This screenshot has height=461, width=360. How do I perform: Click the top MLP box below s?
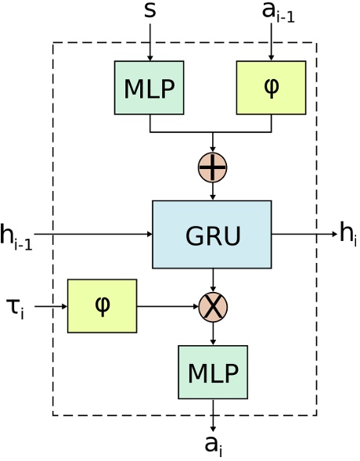click(x=149, y=88)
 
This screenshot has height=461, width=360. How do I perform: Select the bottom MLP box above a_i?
click(x=213, y=372)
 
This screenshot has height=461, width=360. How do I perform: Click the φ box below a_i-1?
click(x=271, y=88)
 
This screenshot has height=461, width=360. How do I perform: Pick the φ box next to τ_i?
click(x=102, y=306)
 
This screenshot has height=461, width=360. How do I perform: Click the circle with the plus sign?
click(x=213, y=167)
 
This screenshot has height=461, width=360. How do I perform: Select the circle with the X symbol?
click(x=213, y=306)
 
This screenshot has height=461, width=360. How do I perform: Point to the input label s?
click(x=149, y=11)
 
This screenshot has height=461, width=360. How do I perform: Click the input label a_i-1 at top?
click(x=278, y=13)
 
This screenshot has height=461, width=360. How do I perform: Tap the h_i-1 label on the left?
click(x=16, y=236)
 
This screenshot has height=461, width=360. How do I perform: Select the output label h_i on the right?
click(x=347, y=234)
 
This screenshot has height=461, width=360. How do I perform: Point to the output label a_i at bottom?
click(x=214, y=445)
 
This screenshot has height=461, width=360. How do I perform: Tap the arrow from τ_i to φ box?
click(x=51, y=306)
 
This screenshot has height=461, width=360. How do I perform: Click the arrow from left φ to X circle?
click(x=167, y=306)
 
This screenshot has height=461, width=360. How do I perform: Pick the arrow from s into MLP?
click(x=149, y=42)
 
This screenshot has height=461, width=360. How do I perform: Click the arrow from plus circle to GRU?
click(x=213, y=191)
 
